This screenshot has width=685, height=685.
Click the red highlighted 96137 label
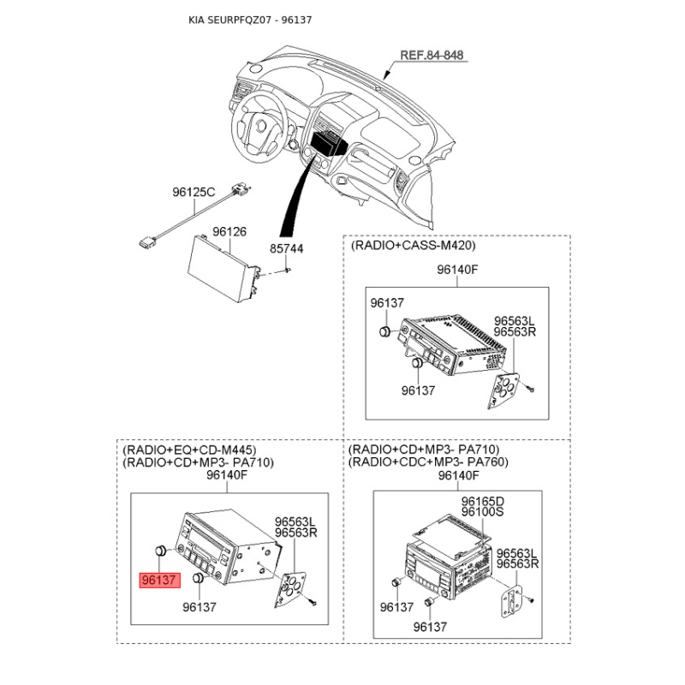pos(160,581)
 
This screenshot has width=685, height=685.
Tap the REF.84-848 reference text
pos(432,55)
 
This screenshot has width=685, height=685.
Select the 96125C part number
pos(194,192)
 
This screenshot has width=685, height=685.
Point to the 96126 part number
pos(229,231)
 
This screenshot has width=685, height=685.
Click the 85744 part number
pos(287,248)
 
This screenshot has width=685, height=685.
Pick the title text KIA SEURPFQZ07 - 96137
pos(250,20)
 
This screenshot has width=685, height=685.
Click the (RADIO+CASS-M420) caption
pos(413,245)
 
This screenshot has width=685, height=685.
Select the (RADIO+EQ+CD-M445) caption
pos(189,450)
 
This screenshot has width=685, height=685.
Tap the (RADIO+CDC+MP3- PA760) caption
pos(429,462)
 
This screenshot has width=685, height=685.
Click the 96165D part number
pos(483,501)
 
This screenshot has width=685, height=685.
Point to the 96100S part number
pos(482,511)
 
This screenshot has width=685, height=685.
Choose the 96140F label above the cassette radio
pos(457,270)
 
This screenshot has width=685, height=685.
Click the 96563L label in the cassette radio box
pos(515,321)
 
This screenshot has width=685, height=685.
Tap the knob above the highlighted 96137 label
pos(161,550)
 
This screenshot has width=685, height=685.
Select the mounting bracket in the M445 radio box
pos(289,589)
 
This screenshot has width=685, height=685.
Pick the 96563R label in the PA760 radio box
pos(518,564)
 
